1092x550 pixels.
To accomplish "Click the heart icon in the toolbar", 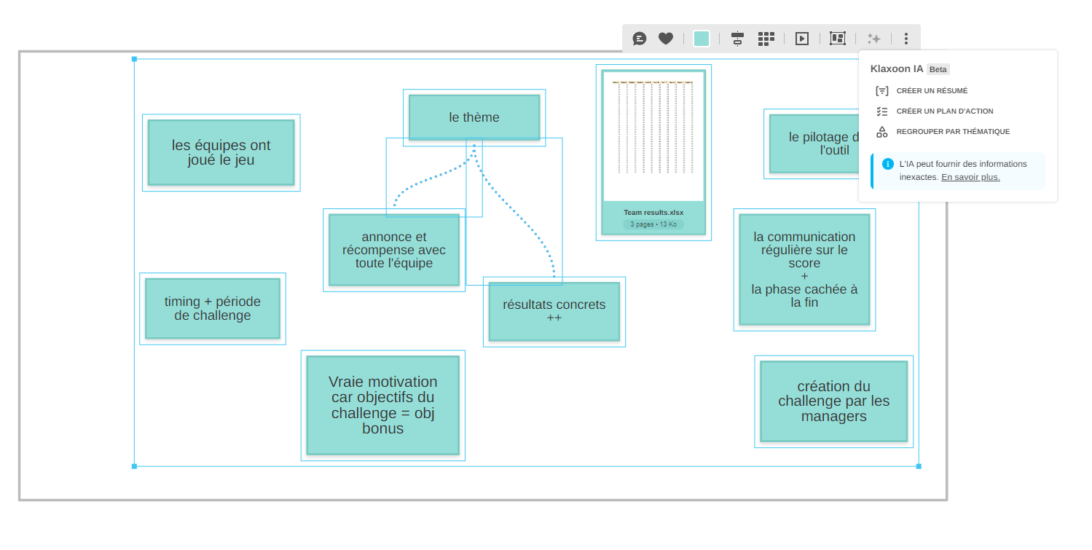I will point(666,39).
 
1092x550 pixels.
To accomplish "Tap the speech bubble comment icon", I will point(640,39).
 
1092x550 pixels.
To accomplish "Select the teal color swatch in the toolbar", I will point(702,39).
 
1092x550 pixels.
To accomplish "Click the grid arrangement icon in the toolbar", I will point(766,39).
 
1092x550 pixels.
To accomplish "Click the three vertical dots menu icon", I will point(906,39).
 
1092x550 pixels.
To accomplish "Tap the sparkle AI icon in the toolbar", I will point(873,39).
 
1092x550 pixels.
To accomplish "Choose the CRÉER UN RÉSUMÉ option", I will point(932,91).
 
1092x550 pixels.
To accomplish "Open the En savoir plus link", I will point(970,177).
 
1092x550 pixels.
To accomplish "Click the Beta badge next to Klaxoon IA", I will point(938,69).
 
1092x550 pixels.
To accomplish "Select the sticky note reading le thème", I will point(474,117).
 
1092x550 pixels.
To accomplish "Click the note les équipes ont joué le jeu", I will point(221,153).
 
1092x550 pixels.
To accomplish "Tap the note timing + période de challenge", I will point(213,308).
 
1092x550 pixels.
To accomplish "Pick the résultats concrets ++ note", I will point(554,311).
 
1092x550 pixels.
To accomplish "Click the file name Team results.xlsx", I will point(653,213).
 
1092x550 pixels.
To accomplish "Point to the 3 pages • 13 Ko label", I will point(653,224).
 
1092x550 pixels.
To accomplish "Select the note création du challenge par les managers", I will point(833,401).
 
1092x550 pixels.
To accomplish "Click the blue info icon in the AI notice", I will point(887,164).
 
